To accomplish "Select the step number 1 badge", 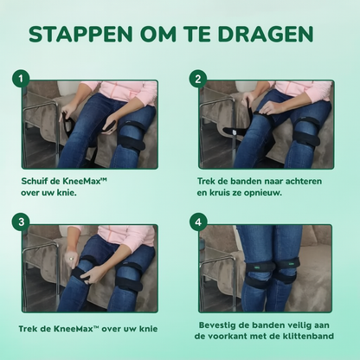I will pyautogui.click(x=20, y=79).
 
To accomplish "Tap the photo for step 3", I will pyautogui.click(x=91, y=268).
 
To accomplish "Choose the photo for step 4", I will pyautogui.click(x=266, y=268).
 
